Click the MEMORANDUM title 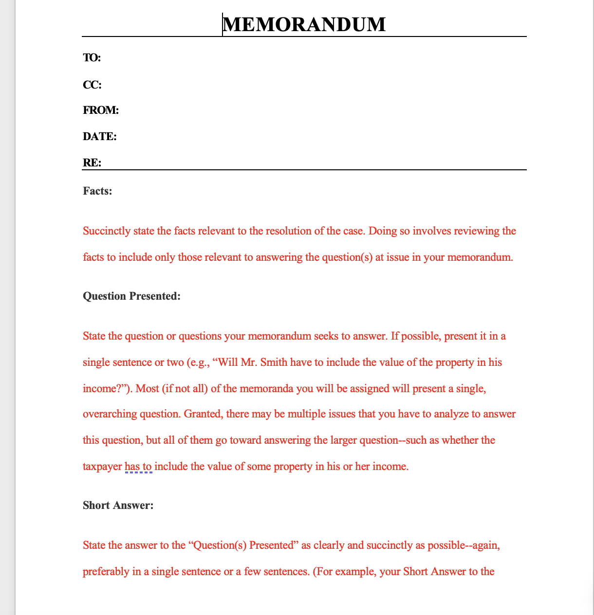point(304,24)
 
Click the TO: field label point(92,58)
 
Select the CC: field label point(92,85)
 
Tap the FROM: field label point(101,110)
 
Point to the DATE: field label point(100,137)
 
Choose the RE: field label point(92,163)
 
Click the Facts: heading point(97,191)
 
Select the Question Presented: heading point(131,296)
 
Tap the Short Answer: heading point(118,506)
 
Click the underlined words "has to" point(138,467)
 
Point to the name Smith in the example point(274,362)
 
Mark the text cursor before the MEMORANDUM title point(223,24)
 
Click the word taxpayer point(102,467)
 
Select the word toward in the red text point(246,440)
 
